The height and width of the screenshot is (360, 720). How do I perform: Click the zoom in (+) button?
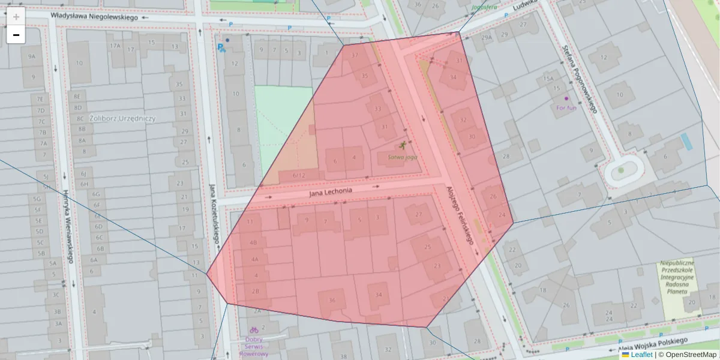(16, 17)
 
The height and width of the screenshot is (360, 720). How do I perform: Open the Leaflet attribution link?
(641, 355)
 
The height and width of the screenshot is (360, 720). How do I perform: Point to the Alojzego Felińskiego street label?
(460, 214)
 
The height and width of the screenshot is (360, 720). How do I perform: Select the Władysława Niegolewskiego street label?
(94, 17)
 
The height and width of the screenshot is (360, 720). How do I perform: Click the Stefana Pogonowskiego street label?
(580, 79)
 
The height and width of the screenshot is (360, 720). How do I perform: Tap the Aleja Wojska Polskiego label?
(653, 344)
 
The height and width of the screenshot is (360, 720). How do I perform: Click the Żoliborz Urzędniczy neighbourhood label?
(123, 118)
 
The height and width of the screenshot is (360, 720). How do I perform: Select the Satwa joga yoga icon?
(403, 146)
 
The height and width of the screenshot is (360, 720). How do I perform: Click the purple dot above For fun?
(566, 98)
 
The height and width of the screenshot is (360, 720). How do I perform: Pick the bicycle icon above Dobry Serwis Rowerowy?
(254, 329)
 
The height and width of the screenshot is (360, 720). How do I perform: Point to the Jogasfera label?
(484, 7)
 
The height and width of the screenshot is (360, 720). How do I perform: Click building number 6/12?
(299, 175)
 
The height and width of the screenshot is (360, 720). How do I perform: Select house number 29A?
(486, 37)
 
